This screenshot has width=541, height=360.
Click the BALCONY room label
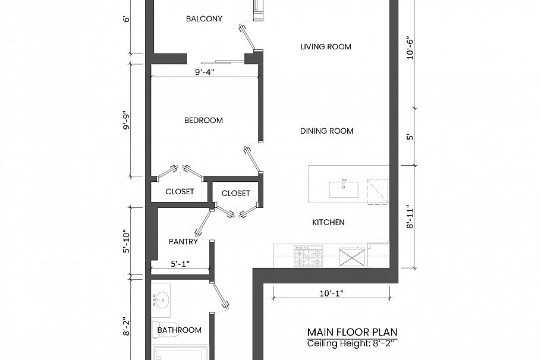204,18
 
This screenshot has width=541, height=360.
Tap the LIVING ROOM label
326,47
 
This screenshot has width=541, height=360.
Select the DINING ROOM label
326,131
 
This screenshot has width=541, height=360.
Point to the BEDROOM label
203,121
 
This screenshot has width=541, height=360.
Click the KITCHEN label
328,223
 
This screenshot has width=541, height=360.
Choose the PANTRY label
183,242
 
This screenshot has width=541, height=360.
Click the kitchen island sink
344,189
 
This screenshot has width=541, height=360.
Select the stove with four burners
309,257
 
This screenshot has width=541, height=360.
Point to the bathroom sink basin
161,299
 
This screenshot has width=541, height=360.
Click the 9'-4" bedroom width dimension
204,72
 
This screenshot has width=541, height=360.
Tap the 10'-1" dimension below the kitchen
331,293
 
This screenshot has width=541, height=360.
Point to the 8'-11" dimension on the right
410,217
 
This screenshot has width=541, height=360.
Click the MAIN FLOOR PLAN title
353,332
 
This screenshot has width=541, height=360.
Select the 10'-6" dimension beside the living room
410,53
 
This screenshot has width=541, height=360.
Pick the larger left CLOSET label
180,192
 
